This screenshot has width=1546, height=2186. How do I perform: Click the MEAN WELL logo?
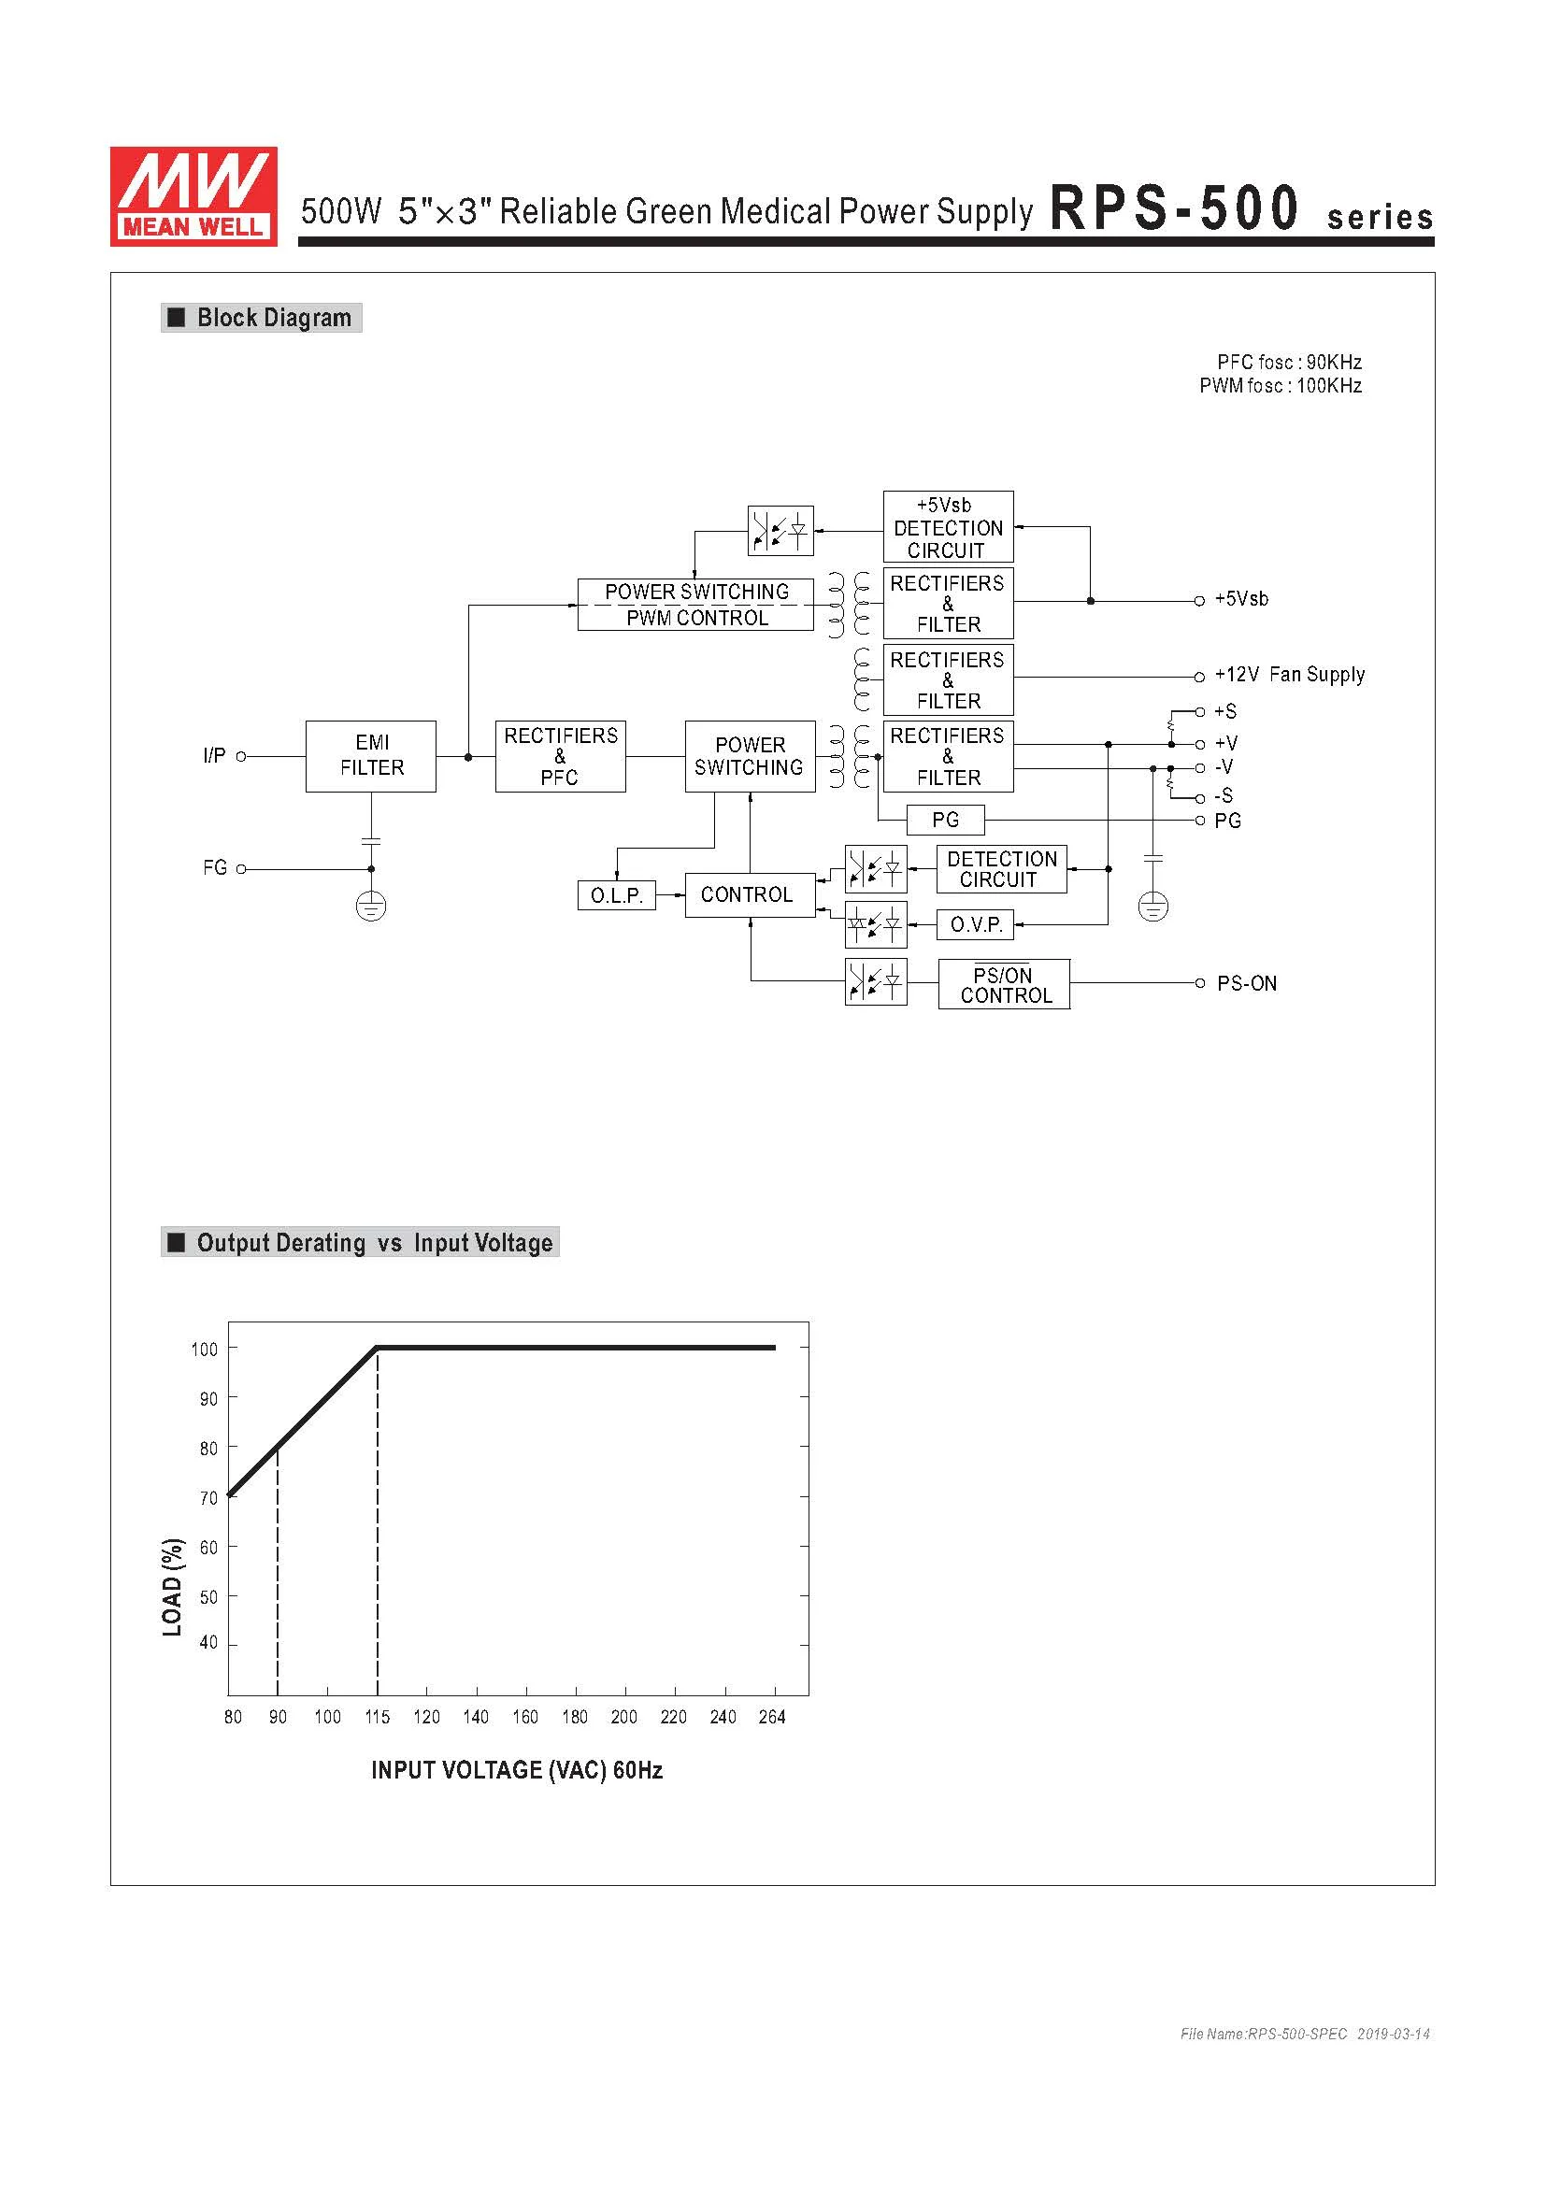click(x=193, y=196)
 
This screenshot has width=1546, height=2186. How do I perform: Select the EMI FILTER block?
click(x=370, y=756)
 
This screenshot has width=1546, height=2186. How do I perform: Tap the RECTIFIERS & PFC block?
click(x=560, y=756)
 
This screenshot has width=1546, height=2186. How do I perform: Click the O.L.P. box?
click(x=616, y=896)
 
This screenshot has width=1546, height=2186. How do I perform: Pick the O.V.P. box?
click(x=976, y=924)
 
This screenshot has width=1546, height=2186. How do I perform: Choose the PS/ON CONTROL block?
click(x=1003, y=984)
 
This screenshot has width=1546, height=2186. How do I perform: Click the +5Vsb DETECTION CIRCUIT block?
click(x=947, y=527)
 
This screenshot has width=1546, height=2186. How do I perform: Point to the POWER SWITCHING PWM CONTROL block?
click(x=696, y=605)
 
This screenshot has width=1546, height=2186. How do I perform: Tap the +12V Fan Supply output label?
click(x=1289, y=675)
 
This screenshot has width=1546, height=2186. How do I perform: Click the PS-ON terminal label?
click(x=1246, y=983)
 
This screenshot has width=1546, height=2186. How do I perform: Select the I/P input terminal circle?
click(x=241, y=757)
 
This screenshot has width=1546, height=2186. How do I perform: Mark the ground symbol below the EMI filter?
click(x=370, y=907)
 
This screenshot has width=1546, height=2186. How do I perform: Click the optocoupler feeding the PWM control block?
click(x=780, y=530)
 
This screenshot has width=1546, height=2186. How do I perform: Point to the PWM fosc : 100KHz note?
click(x=1280, y=386)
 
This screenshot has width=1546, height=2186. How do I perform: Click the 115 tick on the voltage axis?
click(x=377, y=1717)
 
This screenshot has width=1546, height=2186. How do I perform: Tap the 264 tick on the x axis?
click(x=771, y=1717)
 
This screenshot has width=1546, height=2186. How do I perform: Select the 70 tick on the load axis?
click(x=208, y=1497)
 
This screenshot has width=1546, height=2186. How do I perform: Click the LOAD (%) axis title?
click(x=172, y=1586)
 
